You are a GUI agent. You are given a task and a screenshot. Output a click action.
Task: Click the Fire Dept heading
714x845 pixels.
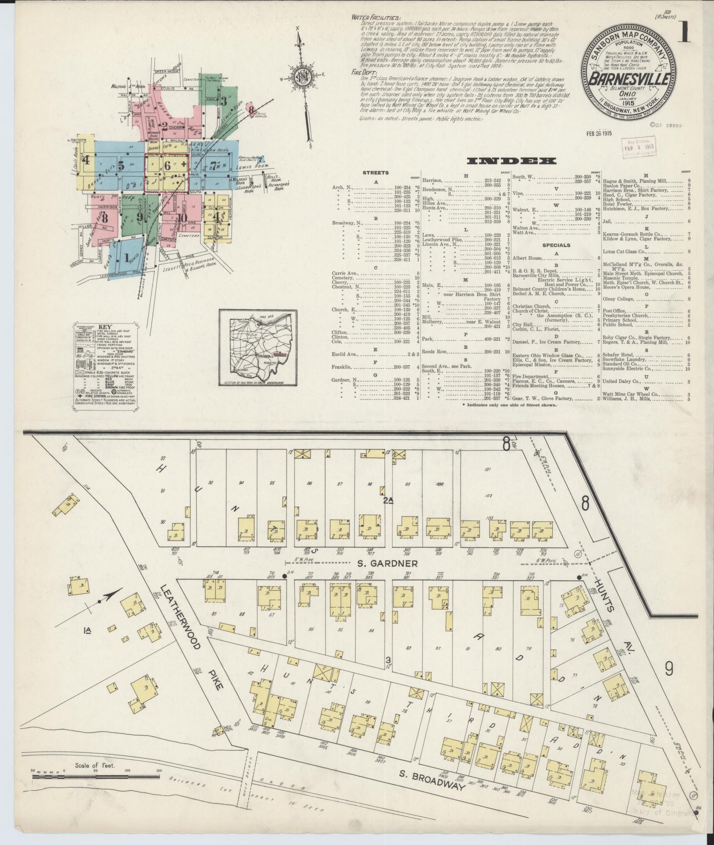point(363,71)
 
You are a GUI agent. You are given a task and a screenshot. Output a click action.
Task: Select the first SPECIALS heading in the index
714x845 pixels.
point(556,245)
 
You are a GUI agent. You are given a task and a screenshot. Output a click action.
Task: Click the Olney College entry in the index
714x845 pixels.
point(618,299)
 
